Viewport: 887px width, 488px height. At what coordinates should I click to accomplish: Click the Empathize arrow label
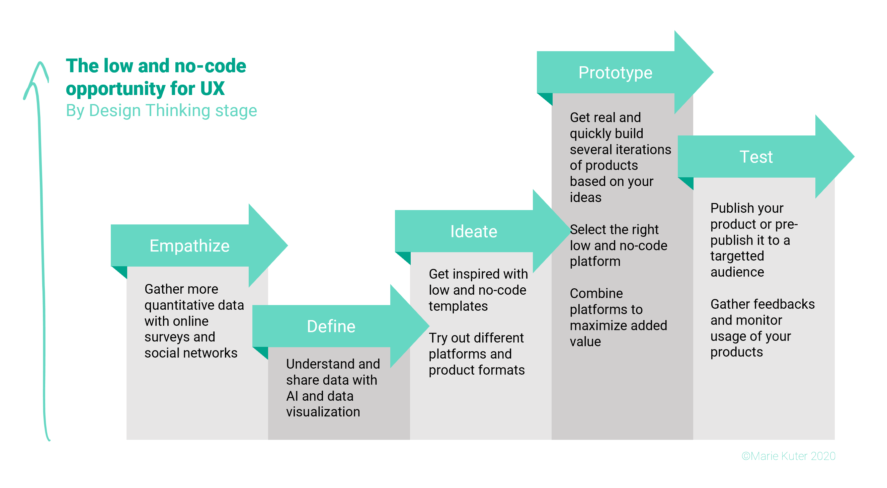point(189,246)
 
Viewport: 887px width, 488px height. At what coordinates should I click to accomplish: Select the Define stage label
point(331,326)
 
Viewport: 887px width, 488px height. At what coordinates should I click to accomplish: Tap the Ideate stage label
point(473,231)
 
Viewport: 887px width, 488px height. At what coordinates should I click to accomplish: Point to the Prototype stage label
point(615,73)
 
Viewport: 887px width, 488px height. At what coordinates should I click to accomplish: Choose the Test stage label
point(756,157)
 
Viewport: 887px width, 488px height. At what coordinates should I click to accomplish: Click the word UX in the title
point(213,88)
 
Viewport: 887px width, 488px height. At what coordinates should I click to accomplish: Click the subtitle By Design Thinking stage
point(161,111)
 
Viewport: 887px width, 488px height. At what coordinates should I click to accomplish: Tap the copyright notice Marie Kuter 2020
point(789,456)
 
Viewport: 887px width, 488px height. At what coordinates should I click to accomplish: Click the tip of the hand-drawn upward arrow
point(40,62)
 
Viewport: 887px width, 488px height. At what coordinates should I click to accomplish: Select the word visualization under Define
point(323,412)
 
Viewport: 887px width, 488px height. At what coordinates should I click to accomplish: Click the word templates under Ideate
point(458,306)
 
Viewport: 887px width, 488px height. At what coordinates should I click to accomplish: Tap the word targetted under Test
point(737,256)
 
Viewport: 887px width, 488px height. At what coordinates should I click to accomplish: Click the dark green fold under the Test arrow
point(686,183)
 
